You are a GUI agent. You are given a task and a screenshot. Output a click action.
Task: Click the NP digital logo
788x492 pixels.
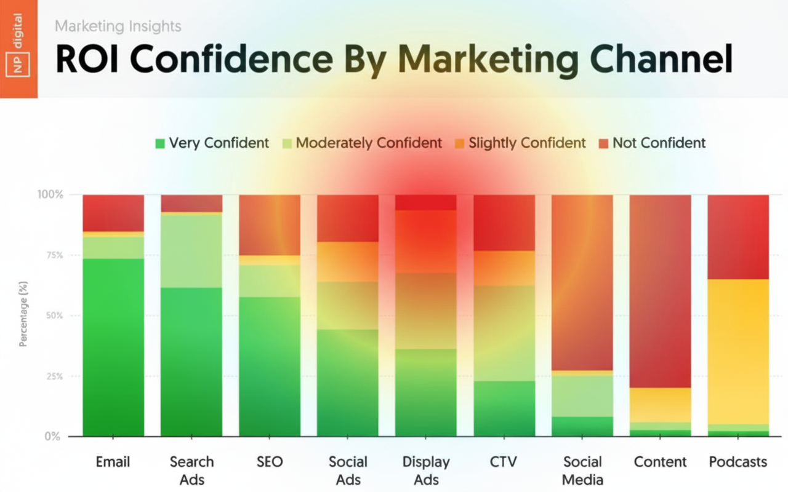pos(18,49)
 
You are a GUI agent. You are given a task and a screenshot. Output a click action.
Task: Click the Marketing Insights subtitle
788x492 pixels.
pos(118,26)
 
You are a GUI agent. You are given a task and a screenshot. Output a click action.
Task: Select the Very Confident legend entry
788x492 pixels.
pos(212,143)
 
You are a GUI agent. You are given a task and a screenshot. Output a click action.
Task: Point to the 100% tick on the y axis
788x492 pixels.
pos(50,195)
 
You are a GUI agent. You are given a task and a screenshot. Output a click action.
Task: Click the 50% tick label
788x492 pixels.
pos(54,316)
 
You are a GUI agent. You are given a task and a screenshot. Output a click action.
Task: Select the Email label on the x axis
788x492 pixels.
pos(113,462)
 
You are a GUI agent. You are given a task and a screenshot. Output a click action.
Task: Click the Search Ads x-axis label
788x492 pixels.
pos(191,470)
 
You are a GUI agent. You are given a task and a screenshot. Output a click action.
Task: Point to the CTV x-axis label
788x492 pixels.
pos(504,462)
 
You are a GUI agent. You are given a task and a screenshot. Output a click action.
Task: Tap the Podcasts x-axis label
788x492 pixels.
pos(738,462)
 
